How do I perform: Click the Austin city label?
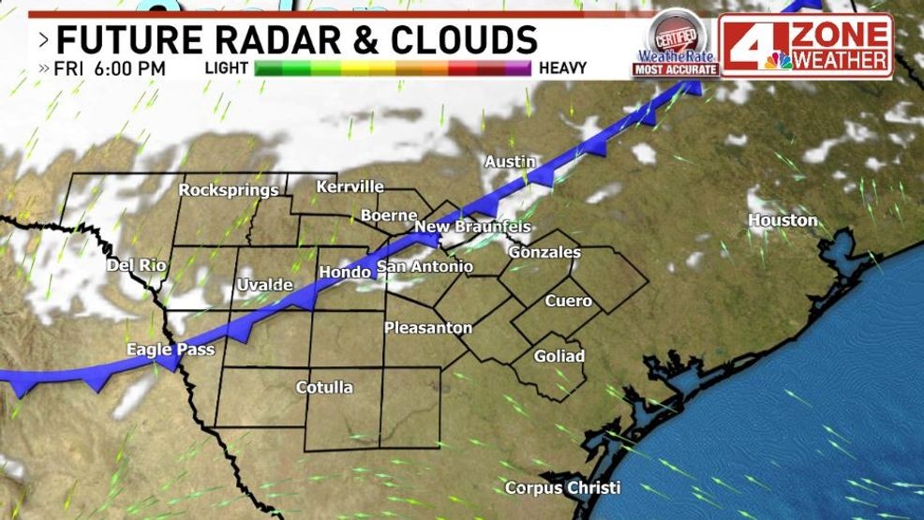[x=509, y=162]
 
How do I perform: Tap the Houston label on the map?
[x=782, y=220]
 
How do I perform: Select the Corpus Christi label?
[x=562, y=487]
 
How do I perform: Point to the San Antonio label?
[x=425, y=268]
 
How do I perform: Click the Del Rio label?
[x=136, y=265]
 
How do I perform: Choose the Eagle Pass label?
[x=171, y=349]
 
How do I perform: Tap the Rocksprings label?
[x=229, y=190]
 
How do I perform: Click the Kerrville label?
[x=350, y=186]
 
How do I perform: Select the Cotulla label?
[x=324, y=387]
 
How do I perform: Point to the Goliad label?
[x=559, y=356]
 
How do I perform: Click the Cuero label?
[x=568, y=301]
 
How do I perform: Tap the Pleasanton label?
[x=428, y=328]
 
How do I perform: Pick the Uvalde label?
[x=264, y=284]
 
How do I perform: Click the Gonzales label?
[x=544, y=252]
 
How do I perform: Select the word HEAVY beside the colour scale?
[x=562, y=68]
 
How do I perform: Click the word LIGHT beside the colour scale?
[x=226, y=68]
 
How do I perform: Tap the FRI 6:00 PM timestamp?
[x=110, y=68]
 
